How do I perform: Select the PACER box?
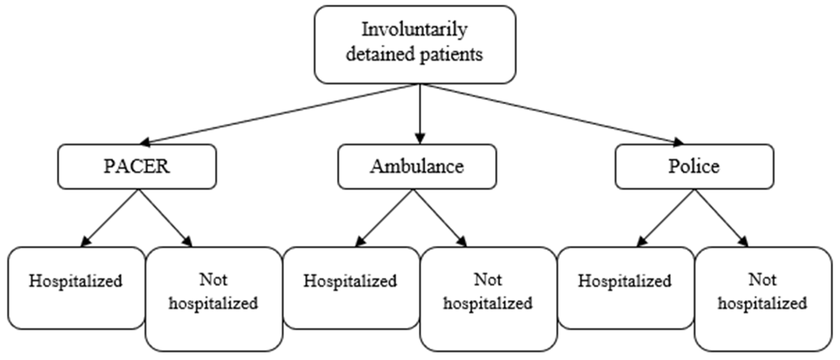(137, 167)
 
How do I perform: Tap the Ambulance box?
(417, 167)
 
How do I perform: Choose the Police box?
(694, 167)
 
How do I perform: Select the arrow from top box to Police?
(554, 114)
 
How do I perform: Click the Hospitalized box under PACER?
(76, 288)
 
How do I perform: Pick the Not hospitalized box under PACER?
(214, 298)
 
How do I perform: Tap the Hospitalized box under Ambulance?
(351, 288)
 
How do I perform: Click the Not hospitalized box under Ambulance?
(488, 298)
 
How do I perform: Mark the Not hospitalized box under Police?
(763, 298)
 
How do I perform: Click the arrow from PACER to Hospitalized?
(110, 218)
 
